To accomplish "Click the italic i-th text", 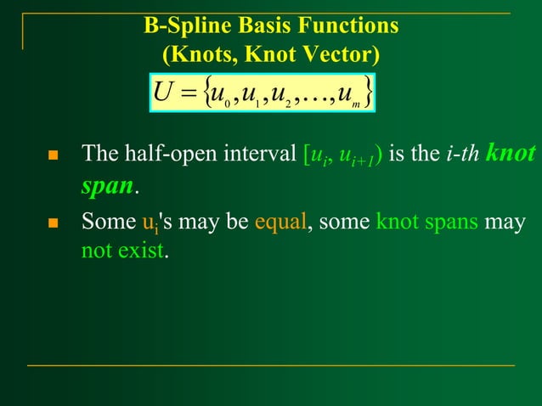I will (x=460, y=155).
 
